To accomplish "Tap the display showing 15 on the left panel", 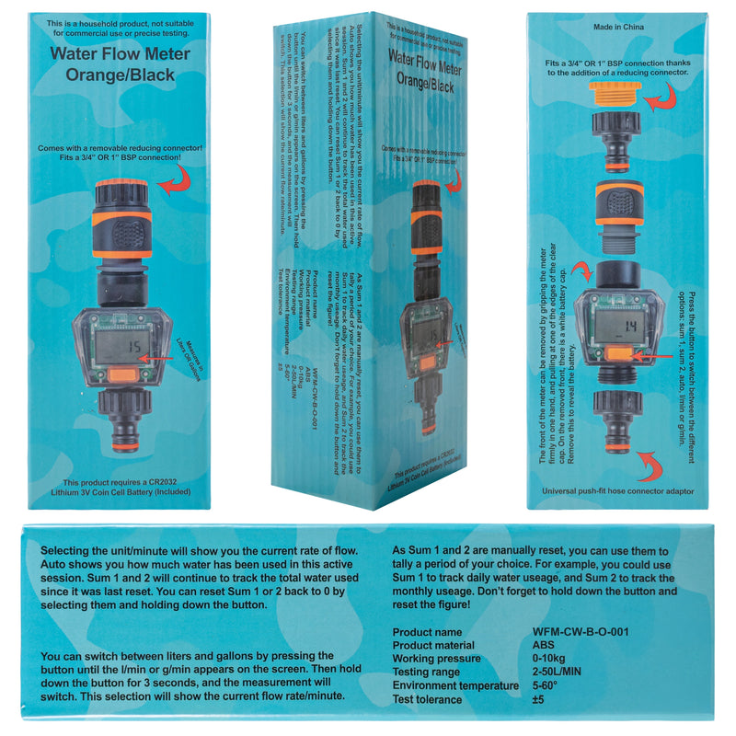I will [121, 348].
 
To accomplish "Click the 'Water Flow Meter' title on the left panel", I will [120, 54].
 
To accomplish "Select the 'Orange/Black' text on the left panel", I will [120, 75].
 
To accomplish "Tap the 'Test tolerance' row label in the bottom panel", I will [429, 699].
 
